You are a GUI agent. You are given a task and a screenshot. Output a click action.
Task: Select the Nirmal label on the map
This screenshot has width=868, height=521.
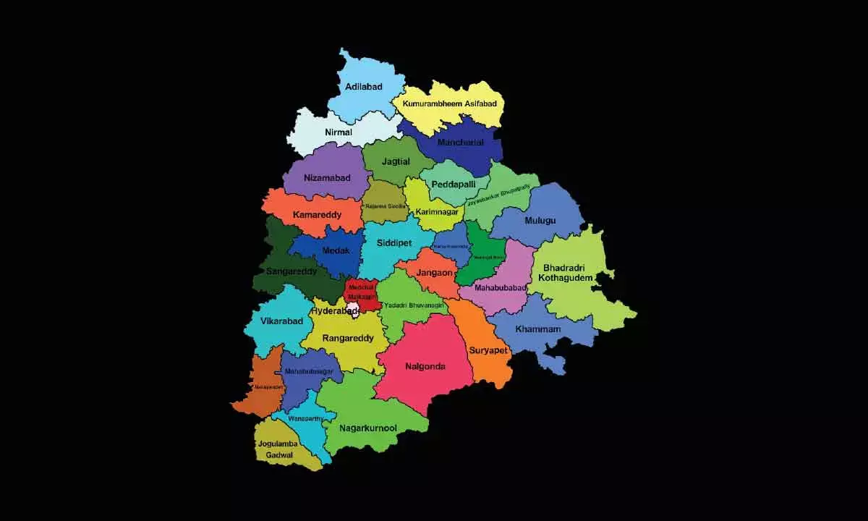[x=339, y=132]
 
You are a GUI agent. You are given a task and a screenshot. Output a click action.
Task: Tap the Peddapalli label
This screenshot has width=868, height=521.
[x=454, y=185]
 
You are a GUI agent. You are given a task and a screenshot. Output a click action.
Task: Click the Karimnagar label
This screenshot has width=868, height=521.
[x=438, y=212]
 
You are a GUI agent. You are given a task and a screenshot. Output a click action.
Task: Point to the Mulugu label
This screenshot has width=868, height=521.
[x=540, y=221]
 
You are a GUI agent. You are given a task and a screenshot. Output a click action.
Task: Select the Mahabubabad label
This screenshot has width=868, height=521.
[x=498, y=288]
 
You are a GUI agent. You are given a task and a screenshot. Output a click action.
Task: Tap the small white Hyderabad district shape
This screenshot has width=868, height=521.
[x=353, y=310]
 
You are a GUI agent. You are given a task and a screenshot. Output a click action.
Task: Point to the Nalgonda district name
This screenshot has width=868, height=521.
[x=425, y=366]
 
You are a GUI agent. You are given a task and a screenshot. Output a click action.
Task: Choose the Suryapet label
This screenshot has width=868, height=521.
[x=489, y=350]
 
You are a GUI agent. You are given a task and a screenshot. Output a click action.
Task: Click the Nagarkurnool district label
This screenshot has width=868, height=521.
[x=369, y=428]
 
